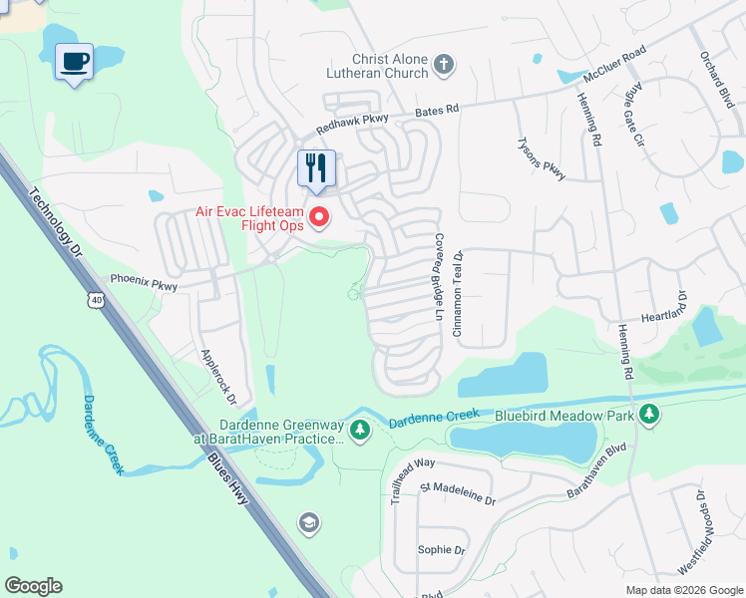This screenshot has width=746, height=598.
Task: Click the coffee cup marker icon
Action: point(74,62)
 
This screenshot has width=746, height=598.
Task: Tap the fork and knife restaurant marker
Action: point(316,168)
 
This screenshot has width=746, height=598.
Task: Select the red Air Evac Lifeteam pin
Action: point(320,215)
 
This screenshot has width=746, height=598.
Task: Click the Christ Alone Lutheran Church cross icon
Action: point(445,67)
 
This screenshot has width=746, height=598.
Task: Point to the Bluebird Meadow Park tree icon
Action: point(649,413)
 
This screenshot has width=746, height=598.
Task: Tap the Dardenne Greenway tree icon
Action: point(361,430)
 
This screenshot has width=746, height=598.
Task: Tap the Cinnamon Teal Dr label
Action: point(460,294)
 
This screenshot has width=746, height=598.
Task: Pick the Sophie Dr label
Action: point(442,549)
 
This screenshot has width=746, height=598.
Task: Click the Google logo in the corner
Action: point(33,586)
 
